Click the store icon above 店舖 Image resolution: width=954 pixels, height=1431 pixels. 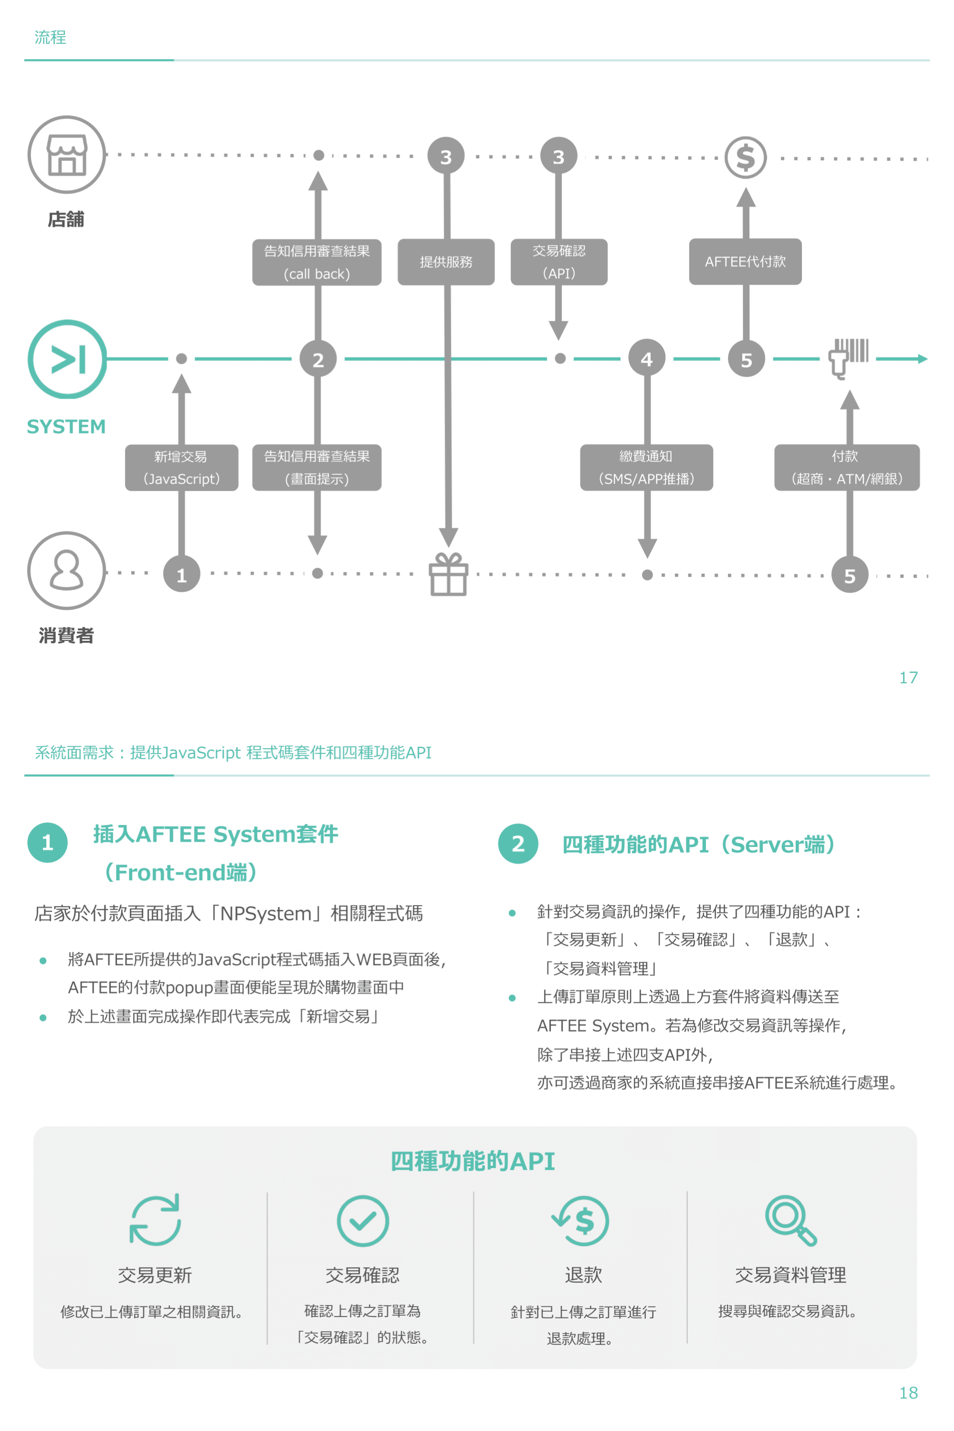67,154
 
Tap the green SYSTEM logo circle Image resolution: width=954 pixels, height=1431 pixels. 67,359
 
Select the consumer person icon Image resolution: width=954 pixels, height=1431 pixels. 67,570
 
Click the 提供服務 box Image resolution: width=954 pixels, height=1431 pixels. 446,261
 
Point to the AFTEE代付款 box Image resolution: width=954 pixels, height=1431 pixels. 745,261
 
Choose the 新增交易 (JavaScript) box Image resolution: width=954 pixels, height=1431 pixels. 181,467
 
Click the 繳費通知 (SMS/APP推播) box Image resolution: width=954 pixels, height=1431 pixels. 646,467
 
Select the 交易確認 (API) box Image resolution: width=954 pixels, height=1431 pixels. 559,261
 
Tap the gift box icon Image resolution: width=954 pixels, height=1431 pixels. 448,574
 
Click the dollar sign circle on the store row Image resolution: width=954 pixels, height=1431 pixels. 745,157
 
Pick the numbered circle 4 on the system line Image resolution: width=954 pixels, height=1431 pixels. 647,359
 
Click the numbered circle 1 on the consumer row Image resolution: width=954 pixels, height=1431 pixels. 181,574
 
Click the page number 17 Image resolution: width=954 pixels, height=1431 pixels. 908,678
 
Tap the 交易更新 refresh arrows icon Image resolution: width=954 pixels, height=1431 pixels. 155,1220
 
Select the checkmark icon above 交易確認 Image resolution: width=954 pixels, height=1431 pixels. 363,1221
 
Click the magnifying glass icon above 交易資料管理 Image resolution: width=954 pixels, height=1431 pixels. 790,1220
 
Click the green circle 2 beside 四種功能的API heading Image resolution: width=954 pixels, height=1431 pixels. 518,844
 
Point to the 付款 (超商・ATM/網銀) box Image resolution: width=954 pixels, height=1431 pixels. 846,467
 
